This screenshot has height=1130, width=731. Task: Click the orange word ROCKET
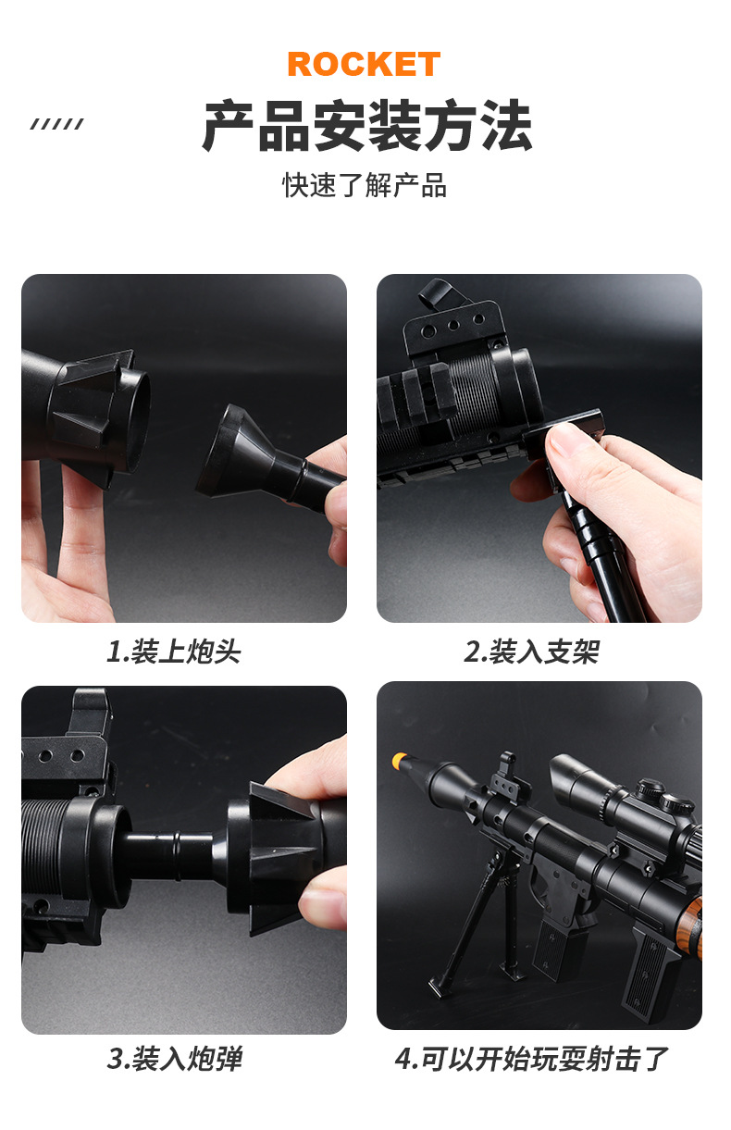coord(364,64)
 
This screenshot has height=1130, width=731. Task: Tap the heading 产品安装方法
coord(366,126)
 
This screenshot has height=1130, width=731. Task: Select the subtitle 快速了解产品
coord(365,185)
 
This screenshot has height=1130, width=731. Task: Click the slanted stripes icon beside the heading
coord(56,124)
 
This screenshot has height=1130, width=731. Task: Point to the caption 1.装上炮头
coord(173,652)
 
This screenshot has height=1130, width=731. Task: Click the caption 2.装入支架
coord(530,652)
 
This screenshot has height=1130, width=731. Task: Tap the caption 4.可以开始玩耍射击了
coord(530,1059)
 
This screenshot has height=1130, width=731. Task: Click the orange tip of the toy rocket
coord(400,761)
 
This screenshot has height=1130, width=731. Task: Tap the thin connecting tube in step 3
coord(176,849)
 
